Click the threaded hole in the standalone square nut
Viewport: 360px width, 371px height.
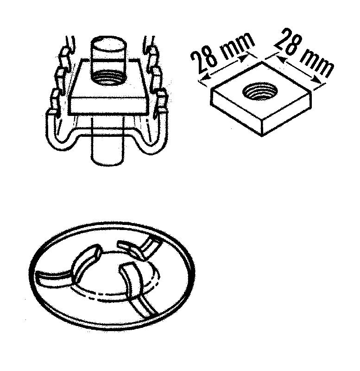[x=260, y=92]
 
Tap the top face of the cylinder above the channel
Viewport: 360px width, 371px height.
[x=109, y=44]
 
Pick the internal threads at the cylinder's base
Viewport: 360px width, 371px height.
[x=109, y=77]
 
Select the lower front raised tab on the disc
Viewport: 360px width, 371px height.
[x=132, y=279]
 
